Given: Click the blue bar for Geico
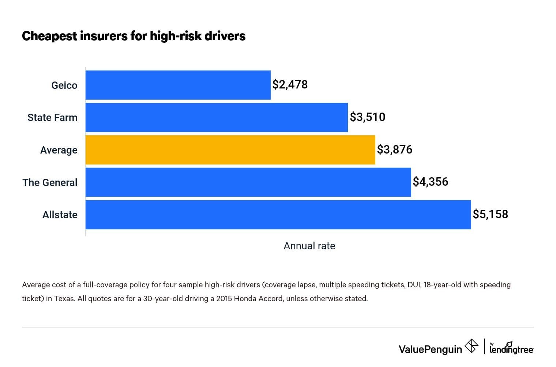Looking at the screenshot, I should pyautogui.click(x=178, y=85).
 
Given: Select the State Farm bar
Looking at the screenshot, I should pyautogui.click(x=217, y=117).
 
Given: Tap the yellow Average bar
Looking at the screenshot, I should pyautogui.click(x=230, y=150).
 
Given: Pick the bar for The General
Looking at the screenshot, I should pyautogui.click(x=248, y=182).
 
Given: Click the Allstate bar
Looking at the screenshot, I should pyautogui.click(x=278, y=215).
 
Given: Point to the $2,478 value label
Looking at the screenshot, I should pyautogui.click(x=290, y=85).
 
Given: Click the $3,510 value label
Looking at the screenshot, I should pyautogui.click(x=367, y=117).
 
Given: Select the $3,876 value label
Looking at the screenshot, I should pyautogui.click(x=394, y=150).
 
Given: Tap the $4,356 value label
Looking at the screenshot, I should pyautogui.click(x=430, y=182).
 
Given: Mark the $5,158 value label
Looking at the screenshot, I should pyautogui.click(x=490, y=215).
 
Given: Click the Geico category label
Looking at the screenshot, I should pyautogui.click(x=64, y=86).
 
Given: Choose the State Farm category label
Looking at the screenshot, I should pyautogui.click(x=52, y=118).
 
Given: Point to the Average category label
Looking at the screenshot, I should pyautogui.click(x=59, y=150).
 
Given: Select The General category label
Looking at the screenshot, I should pyautogui.click(x=50, y=182).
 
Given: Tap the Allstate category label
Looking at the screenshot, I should pyautogui.click(x=60, y=215).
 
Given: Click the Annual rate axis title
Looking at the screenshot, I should pyautogui.click(x=309, y=246).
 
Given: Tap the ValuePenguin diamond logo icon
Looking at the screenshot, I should pyautogui.click(x=471, y=346).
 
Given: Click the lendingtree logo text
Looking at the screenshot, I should pyautogui.click(x=511, y=349).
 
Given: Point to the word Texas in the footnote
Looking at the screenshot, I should pyautogui.click(x=64, y=299).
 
